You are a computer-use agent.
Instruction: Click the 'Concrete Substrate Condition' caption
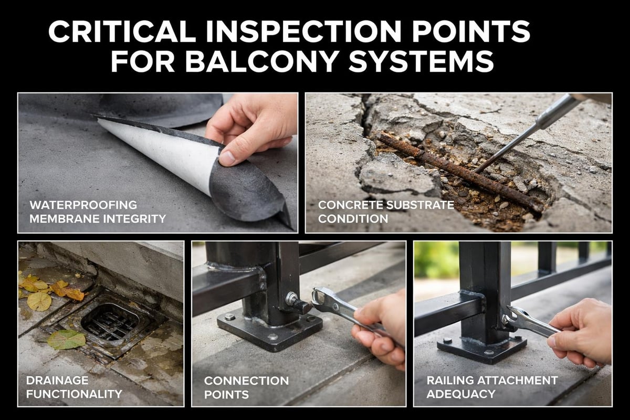380,211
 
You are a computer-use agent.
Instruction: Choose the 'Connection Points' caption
246,387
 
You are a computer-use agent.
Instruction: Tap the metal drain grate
110,321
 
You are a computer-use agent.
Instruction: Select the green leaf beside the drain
66,339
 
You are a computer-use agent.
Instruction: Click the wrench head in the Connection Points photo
321,298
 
